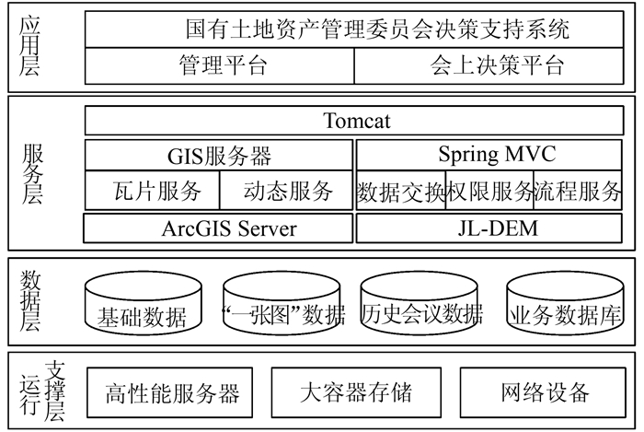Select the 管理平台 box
(221, 65)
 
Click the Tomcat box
(357, 121)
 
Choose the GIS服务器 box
(219, 156)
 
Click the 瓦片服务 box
(153, 191)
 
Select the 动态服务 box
(287, 191)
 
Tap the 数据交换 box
(400, 191)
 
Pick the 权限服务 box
(489, 191)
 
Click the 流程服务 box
(579, 191)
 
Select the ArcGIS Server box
(219, 228)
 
